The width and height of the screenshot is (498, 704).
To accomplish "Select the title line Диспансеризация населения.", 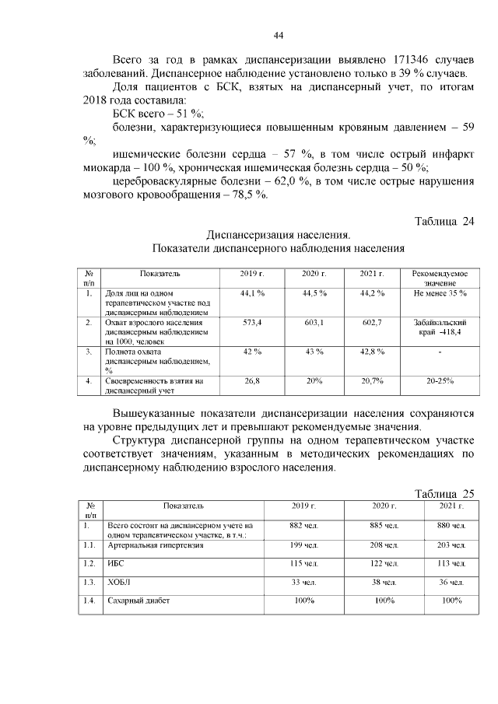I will [x=278, y=235].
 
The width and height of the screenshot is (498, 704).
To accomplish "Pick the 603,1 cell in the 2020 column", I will [x=314, y=321].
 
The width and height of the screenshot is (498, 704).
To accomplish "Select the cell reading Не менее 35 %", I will [x=440, y=293].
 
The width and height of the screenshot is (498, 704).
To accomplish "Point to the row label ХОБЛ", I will [x=118, y=582].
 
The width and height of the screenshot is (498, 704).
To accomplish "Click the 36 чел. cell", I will [x=453, y=582].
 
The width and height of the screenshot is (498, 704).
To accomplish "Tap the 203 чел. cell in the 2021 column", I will [x=453, y=545].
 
